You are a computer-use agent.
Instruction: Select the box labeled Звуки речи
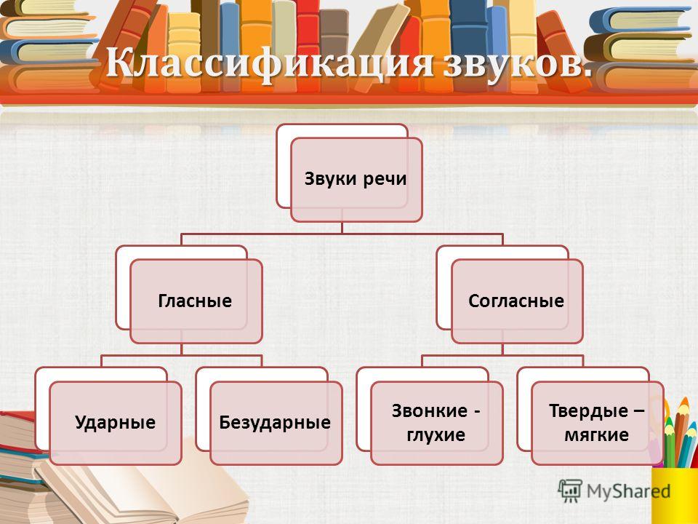tap(356, 180)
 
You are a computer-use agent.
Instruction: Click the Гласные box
tap(196, 301)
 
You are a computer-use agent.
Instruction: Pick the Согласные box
tap(517, 301)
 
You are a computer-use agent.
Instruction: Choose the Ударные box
tap(116, 423)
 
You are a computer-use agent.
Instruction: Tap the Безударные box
tap(276, 423)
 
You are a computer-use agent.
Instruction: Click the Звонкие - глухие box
tap(437, 423)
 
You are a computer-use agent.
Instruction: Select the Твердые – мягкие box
tap(598, 423)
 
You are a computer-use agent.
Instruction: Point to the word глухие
tap(436, 435)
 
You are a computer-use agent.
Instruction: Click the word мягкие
tap(596, 434)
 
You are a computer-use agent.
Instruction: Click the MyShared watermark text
tap(628, 491)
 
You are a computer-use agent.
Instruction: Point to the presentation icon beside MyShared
tap(570, 491)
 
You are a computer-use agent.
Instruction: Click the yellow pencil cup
tap(675, 495)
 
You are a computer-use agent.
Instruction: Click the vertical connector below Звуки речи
tap(342, 228)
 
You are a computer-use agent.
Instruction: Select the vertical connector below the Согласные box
tap(502, 349)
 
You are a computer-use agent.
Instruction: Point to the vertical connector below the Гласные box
tap(182, 349)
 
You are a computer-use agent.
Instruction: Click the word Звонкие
tap(430, 410)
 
